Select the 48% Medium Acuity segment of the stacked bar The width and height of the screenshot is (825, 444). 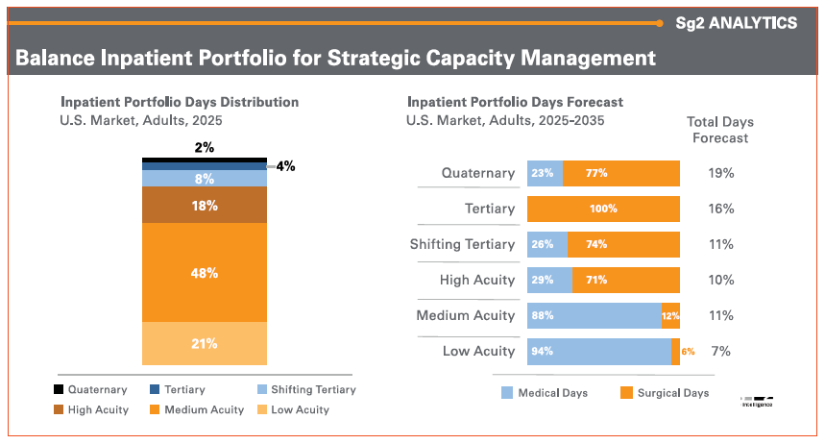[205, 273]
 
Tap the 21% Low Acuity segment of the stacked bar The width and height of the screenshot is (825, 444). [205, 344]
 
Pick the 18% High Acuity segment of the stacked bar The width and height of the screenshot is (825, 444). [205, 206]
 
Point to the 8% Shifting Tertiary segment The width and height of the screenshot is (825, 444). [205, 178]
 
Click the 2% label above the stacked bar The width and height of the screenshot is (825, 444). [205, 147]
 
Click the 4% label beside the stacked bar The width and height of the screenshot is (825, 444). [285, 165]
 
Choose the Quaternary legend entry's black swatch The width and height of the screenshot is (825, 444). [60, 390]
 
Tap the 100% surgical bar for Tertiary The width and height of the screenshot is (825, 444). [603, 209]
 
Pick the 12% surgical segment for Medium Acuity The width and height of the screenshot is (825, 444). [670, 315]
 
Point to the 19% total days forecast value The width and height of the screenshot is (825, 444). [720, 173]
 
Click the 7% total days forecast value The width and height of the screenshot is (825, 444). [720, 351]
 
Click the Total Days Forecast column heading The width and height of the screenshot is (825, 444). [719, 130]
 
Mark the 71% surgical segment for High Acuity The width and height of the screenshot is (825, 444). [625, 280]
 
